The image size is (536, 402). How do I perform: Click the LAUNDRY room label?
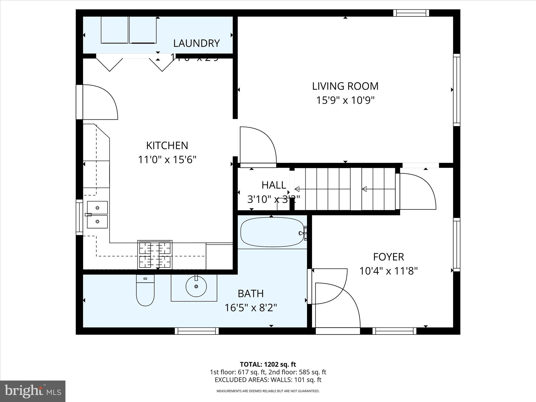click(196, 43)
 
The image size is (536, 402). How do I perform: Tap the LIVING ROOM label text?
click(345, 86)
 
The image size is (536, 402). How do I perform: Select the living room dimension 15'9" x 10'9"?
click(345, 100)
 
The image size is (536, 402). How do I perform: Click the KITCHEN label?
click(167, 146)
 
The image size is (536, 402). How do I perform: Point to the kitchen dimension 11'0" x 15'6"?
click(167, 159)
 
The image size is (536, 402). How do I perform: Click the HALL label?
click(274, 185)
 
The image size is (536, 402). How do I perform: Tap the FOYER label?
click(388, 257)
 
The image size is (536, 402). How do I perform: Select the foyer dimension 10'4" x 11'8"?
click(388, 271)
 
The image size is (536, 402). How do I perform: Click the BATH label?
click(250, 294)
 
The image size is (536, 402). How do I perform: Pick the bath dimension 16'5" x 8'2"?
click(250, 308)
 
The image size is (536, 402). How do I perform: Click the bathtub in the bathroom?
click(272, 232)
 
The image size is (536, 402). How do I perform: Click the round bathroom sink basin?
click(196, 286)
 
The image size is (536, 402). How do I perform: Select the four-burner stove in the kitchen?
click(155, 255)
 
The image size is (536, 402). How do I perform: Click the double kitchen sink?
click(97, 215)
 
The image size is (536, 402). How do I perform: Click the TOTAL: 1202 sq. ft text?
click(268, 364)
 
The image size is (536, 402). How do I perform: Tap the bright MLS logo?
click(33, 391)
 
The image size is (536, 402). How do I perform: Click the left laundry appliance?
click(114, 30)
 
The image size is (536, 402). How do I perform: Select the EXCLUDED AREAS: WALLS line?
click(268, 380)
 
